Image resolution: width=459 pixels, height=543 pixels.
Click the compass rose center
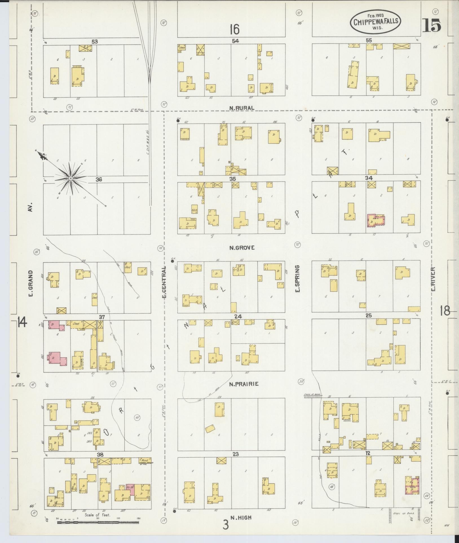70,178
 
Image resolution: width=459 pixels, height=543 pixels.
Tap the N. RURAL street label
242,108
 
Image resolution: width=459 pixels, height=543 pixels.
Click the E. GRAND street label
31,283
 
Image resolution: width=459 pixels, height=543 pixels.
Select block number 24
238,316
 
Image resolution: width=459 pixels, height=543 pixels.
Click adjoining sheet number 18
445,311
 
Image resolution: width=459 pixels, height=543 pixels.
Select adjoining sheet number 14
22,322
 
